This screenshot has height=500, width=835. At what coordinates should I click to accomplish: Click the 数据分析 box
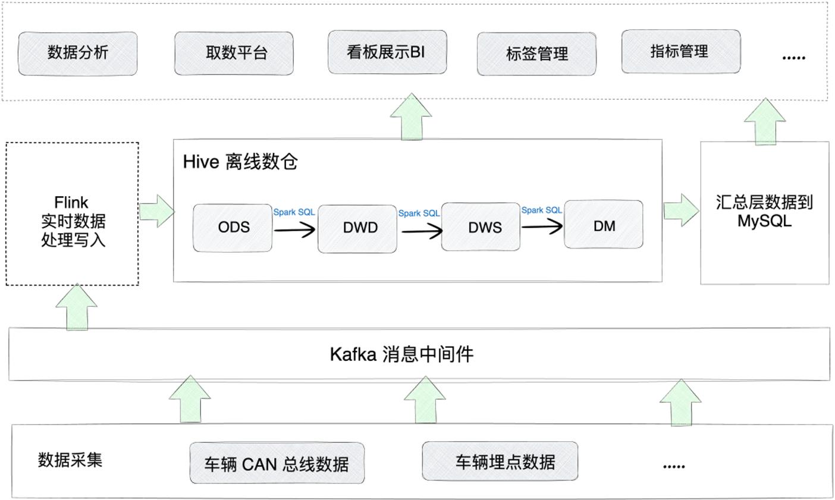tap(77, 54)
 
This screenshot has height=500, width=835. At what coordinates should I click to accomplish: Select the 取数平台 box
tap(234, 54)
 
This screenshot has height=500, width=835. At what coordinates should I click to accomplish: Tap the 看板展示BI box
tap(387, 52)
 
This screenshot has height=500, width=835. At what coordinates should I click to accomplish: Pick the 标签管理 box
tap(536, 54)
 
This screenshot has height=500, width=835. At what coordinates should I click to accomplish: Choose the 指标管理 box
tap(681, 51)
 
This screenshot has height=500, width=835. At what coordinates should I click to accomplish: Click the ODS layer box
tap(233, 228)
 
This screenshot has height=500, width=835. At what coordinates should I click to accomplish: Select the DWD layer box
tap(357, 229)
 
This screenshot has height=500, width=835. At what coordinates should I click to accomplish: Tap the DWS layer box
tap(481, 227)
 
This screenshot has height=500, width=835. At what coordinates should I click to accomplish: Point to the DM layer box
tap(604, 224)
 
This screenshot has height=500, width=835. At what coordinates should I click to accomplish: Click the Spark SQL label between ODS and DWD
tap(294, 212)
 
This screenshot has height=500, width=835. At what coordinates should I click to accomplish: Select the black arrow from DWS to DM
tap(542, 226)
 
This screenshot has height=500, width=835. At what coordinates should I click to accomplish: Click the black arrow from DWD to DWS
tap(422, 231)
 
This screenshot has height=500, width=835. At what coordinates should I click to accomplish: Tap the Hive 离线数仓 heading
tap(240, 162)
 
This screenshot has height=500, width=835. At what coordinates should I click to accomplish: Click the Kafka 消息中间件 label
tap(401, 354)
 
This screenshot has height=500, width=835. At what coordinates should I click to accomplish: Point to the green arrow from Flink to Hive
tap(156, 211)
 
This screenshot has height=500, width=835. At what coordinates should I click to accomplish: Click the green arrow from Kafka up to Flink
tap(77, 307)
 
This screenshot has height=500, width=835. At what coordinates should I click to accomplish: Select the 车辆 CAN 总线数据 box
tap(277, 463)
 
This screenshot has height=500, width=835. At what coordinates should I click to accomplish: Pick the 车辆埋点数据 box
tap(500, 461)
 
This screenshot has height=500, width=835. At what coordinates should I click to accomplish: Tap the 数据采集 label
tap(70, 460)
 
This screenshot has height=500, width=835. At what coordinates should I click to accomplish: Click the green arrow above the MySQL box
tap(765, 121)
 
